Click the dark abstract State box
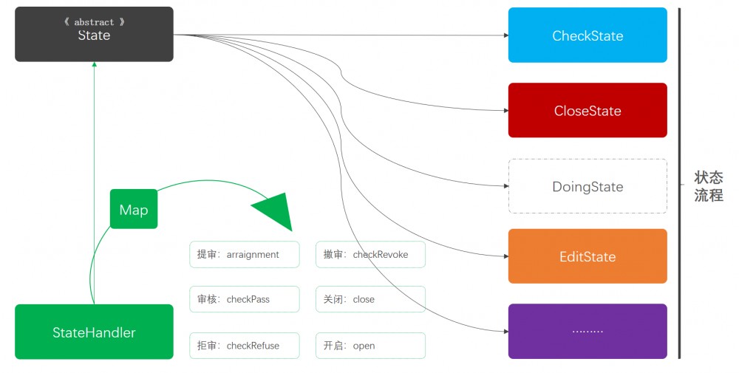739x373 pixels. coord(94,35)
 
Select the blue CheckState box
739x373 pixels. coord(588,35)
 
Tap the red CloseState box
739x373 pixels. coord(588,111)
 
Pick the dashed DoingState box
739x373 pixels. coord(588,187)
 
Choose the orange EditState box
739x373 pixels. coord(588,256)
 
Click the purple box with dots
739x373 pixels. coord(588,331)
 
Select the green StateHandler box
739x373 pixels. coord(94,332)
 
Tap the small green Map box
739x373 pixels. coord(134,210)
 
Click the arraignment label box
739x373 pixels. coord(245,254)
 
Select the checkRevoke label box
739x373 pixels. coord(370,254)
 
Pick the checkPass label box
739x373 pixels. coord(245,299)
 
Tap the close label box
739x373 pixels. coord(370,299)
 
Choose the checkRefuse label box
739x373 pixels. coord(245,346)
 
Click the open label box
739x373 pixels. coord(370,346)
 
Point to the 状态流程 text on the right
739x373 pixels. coord(708,187)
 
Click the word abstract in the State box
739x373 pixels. coord(94,22)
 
